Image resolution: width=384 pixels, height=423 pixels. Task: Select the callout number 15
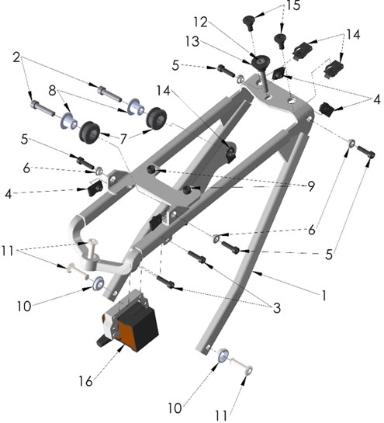coord(292,5)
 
